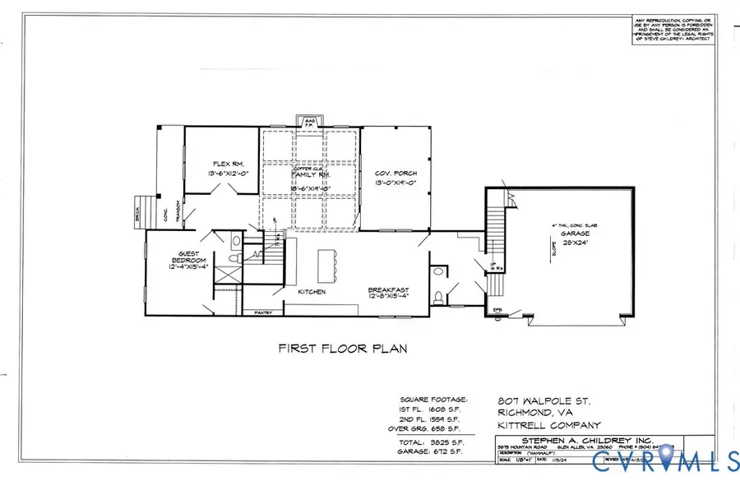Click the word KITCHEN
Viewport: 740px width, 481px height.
pos(312,292)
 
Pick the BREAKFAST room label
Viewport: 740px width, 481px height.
pos(389,289)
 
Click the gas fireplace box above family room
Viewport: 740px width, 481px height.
pos(311,122)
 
